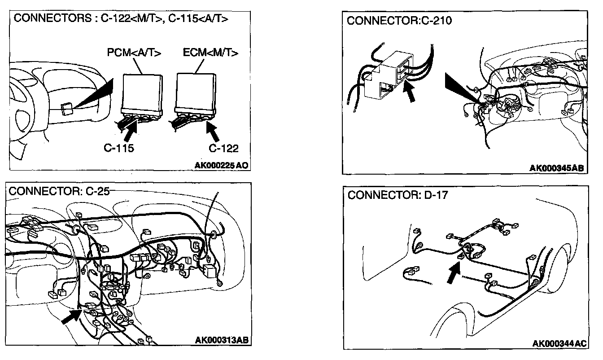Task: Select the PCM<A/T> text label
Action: pyautogui.click(x=135, y=53)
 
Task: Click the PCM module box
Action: pyautogui.click(x=141, y=92)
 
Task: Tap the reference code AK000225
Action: pyautogui.click(x=221, y=165)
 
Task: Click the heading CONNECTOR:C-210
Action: pyautogui.click(x=399, y=21)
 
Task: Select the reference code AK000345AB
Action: pyautogui.click(x=557, y=168)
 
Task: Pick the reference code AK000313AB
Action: pyautogui.click(x=222, y=340)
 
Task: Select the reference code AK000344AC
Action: pyautogui.click(x=559, y=343)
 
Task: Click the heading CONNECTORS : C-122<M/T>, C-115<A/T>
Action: pyautogui.click(x=121, y=19)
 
